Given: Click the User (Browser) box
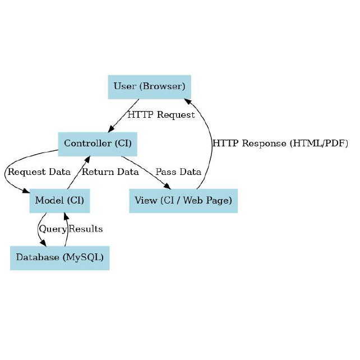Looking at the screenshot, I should [x=149, y=86].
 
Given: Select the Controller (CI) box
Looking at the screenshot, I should [x=98, y=144].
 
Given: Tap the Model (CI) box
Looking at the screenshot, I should [x=59, y=200].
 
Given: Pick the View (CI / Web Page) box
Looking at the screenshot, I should [x=183, y=200].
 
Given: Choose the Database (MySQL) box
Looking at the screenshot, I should [x=59, y=257].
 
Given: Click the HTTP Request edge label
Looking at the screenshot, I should [x=161, y=115].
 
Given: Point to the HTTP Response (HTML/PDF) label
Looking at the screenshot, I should [x=280, y=144].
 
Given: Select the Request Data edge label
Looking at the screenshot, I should [x=39, y=172].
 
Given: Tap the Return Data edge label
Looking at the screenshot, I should [x=110, y=172].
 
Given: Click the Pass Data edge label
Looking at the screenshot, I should [x=178, y=172].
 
